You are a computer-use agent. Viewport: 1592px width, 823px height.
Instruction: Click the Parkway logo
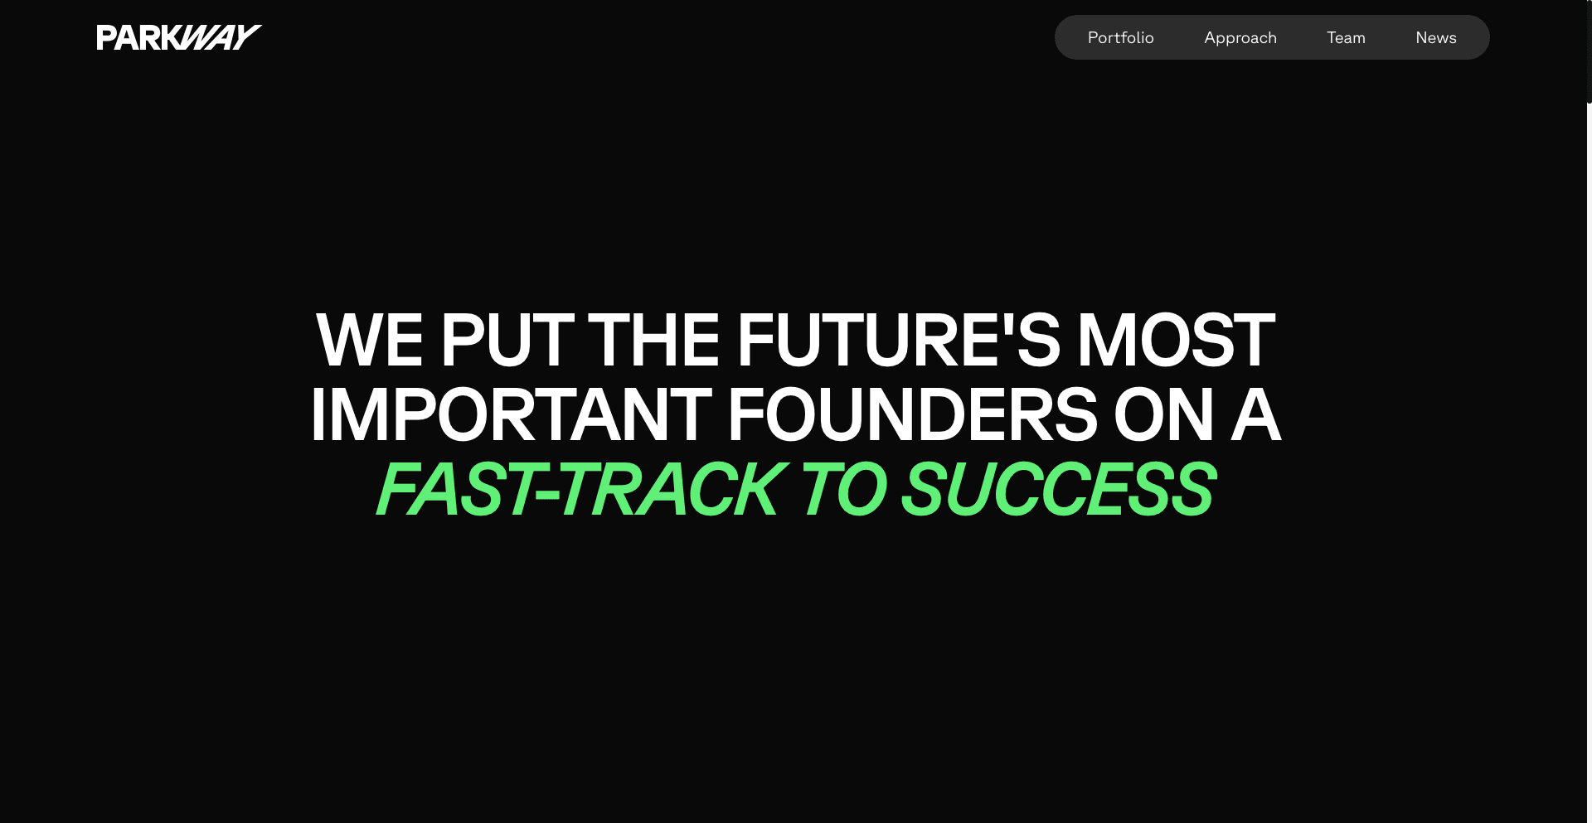179,37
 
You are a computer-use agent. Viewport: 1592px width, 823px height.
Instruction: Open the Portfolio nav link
1120,37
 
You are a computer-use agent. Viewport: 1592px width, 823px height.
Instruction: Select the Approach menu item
1240,38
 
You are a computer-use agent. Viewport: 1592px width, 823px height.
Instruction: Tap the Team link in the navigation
1346,37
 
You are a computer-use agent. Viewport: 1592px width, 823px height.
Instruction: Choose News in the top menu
1436,37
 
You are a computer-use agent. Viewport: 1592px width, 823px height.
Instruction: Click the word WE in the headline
370,340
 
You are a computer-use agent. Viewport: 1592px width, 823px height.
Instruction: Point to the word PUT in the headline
507,340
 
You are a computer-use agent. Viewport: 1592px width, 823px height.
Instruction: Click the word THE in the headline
653,340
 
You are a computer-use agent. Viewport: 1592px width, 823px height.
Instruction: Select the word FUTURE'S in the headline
898,340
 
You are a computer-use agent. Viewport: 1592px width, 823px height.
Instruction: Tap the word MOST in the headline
1176,340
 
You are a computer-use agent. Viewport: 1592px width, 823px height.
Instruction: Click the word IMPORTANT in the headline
511,414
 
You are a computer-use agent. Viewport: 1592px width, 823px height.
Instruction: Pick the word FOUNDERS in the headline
913,414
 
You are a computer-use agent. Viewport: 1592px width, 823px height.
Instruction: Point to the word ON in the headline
1164,414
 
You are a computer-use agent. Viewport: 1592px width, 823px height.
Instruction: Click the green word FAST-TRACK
580,489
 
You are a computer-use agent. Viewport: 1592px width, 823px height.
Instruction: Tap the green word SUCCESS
1059,489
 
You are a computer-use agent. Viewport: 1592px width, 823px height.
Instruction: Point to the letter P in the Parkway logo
106,37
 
